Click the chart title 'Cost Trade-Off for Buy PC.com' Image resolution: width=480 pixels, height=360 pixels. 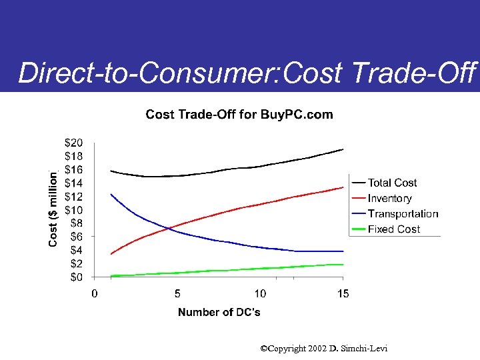(x=239, y=115)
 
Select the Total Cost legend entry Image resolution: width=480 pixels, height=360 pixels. (x=392, y=183)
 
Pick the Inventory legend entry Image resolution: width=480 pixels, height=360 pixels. (x=389, y=198)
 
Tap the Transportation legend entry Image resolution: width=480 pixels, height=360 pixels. (x=403, y=214)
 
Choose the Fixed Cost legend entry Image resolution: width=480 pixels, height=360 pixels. (x=394, y=229)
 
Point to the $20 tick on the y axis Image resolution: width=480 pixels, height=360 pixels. (x=73, y=143)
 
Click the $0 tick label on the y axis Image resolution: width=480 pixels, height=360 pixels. (x=76, y=277)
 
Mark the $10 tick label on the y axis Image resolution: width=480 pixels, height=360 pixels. (x=73, y=210)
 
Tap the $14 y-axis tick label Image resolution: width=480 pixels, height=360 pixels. (x=73, y=183)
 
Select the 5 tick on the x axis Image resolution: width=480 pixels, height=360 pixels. (x=177, y=293)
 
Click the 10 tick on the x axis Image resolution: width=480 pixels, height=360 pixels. (x=260, y=293)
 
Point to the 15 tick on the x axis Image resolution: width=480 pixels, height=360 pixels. (x=343, y=293)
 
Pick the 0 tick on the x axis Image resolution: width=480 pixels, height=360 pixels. (x=95, y=293)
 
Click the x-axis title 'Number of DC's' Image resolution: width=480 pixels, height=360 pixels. (x=219, y=313)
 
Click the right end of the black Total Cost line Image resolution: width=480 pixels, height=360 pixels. (x=343, y=149)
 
